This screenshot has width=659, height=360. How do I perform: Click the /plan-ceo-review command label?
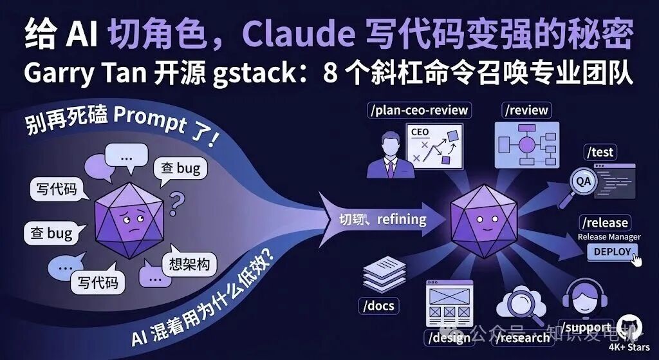[x=419, y=110]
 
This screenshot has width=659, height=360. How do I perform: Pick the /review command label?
[x=527, y=110]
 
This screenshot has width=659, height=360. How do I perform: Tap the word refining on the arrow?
[x=401, y=220]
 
